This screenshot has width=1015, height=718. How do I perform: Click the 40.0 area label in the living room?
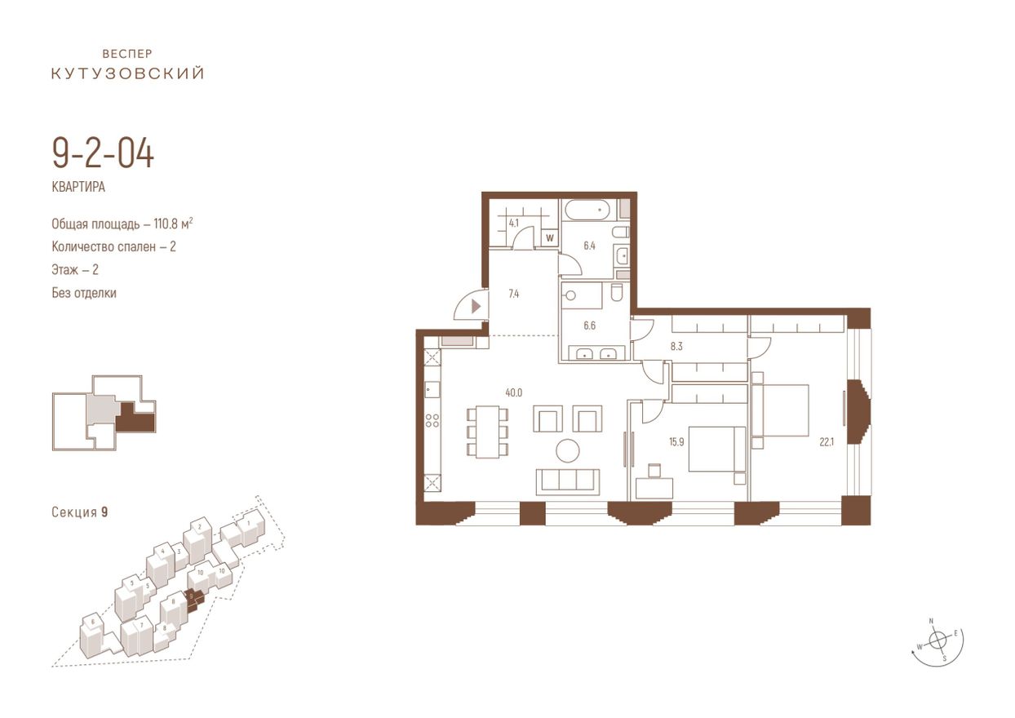[514, 392]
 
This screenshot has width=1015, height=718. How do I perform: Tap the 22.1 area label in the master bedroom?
[827, 441]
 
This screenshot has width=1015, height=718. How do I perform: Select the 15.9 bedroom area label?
[676, 441]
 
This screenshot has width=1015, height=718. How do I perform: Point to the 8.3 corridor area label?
[676, 347]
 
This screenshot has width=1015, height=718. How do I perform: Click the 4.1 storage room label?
[514, 224]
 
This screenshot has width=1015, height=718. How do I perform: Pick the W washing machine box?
[550, 237]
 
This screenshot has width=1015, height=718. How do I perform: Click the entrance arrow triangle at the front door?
[476, 307]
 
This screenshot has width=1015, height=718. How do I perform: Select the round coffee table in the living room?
[568, 450]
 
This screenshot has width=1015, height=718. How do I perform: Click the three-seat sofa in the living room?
[568, 482]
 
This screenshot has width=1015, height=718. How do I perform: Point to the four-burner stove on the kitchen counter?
[432, 420]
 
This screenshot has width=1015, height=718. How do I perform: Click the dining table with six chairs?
[487, 432]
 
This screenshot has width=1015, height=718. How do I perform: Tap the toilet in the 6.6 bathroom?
[617, 292]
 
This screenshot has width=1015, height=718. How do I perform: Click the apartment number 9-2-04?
[103, 154]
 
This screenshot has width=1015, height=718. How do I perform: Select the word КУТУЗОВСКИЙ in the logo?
[128, 73]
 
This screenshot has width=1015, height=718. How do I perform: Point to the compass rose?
[937, 640]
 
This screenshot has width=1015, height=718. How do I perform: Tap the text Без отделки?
[84, 293]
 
